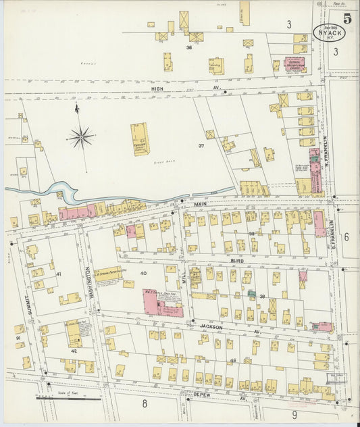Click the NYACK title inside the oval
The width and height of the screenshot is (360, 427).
pos(329,32)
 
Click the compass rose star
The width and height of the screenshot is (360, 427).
pos(81,137)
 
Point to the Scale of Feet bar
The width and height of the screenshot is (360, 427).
pos(68,399)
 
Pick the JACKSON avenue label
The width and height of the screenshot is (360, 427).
pos(211,326)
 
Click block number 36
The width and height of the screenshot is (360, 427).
pos(190,48)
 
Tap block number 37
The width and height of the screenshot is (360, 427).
pos(201,145)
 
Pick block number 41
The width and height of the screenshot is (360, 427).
pos(59,274)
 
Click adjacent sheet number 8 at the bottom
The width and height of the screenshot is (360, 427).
pos(144,405)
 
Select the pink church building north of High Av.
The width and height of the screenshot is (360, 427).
pos(294,64)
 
